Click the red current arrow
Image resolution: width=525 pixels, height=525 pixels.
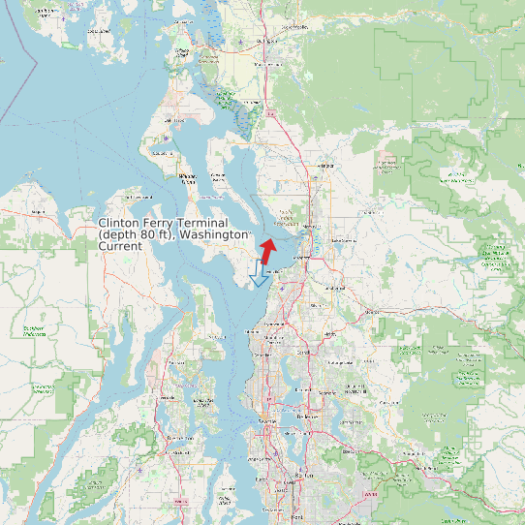click(x=266, y=250)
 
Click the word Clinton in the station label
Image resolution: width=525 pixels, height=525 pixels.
click(x=121, y=224)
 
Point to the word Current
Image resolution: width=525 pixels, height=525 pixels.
click(x=120, y=246)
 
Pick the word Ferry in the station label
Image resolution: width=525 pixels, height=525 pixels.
click(x=166, y=224)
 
